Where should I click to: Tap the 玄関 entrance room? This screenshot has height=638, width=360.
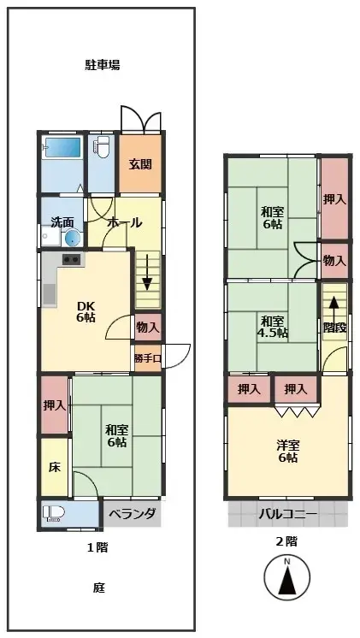click(x=139, y=164)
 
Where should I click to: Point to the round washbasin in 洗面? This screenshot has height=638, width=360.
click(x=72, y=237)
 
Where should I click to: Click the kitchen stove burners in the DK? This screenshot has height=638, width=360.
click(x=71, y=259)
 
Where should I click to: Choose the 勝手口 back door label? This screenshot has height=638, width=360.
click(x=147, y=357)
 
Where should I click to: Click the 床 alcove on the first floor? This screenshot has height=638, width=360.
click(x=54, y=467)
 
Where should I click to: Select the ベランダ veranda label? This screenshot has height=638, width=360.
click(x=132, y=514)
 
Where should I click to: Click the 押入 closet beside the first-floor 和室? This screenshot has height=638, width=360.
click(x=54, y=405)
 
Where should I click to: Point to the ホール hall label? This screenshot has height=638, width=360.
click(x=125, y=222)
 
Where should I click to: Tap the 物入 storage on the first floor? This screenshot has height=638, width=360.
click(x=147, y=327)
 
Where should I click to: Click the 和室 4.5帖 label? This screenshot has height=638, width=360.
click(x=274, y=327)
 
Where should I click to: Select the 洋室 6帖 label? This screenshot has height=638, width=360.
click(x=287, y=452)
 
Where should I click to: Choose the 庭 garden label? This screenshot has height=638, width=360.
click(x=99, y=588)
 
